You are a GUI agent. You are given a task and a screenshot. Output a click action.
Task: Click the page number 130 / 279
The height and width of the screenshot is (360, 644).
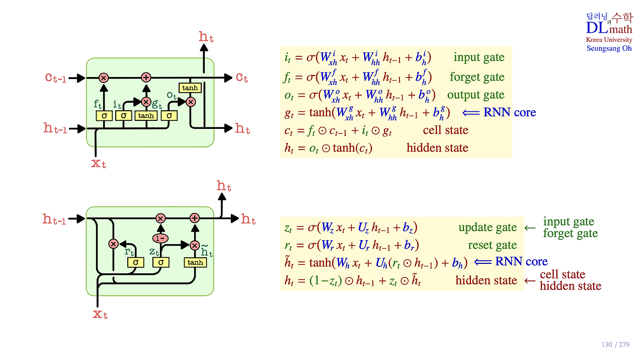click(x=615, y=345)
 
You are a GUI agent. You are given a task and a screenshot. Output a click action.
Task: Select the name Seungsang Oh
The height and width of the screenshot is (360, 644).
click(x=609, y=48)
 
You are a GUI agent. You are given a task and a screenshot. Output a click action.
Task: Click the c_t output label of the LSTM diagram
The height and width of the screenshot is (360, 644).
click(x=242, y=78)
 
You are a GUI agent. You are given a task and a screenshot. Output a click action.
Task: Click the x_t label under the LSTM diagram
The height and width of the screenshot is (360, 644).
click(x=99, y=163)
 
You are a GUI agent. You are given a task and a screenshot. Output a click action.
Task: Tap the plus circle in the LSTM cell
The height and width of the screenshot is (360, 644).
click(x=146, y=78)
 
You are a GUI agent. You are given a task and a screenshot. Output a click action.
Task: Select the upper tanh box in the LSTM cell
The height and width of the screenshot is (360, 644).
click(x=190, y=88)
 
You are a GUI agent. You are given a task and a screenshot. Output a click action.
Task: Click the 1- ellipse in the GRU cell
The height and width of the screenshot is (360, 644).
click(x=160, y=237)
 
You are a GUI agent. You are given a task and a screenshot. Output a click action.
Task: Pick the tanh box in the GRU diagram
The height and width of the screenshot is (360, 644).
click(x=195, y=262)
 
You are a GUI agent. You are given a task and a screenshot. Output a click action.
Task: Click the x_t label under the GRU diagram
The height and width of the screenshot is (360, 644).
click(x=100, y=315)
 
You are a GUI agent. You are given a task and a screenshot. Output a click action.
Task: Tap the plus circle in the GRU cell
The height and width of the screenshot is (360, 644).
click(x=195, y=218)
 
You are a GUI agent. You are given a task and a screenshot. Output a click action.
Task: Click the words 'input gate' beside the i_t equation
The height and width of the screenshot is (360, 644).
click(x=478, y=57)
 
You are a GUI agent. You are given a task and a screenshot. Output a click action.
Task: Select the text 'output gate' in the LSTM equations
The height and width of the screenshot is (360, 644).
click(x=475, y=95)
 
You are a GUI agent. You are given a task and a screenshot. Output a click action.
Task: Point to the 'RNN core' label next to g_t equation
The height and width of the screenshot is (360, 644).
click(x=510, y=112)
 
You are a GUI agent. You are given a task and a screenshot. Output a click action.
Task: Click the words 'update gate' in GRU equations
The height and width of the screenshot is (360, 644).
click(x=487, y=228)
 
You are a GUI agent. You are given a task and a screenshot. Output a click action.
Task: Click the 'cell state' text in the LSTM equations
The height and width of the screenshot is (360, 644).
click(x=445, y=130)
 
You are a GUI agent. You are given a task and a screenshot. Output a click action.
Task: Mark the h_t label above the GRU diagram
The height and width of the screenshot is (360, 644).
click(x=224, y=186)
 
